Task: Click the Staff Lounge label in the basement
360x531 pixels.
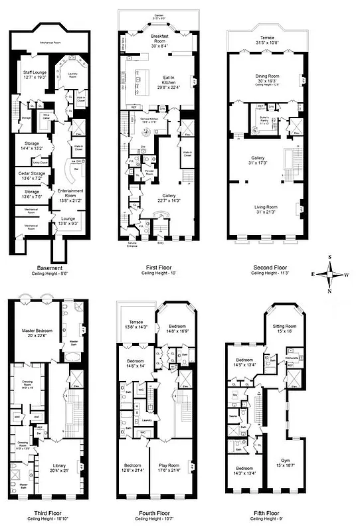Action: [34, 74]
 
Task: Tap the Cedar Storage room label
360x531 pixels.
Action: [33, 175]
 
